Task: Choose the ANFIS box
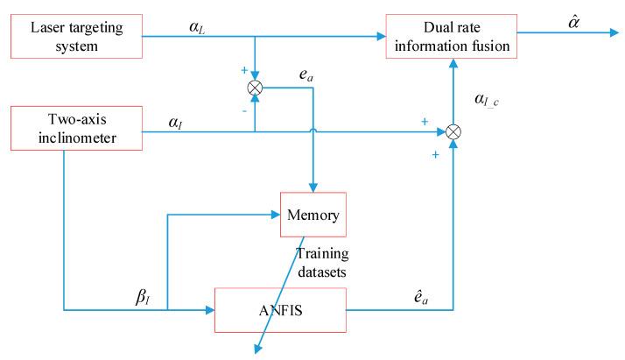[x=281, y=310]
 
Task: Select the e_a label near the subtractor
[x=305, y=76]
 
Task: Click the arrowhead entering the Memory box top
[x=313, y=187]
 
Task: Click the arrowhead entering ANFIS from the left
[x=210, y=310]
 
